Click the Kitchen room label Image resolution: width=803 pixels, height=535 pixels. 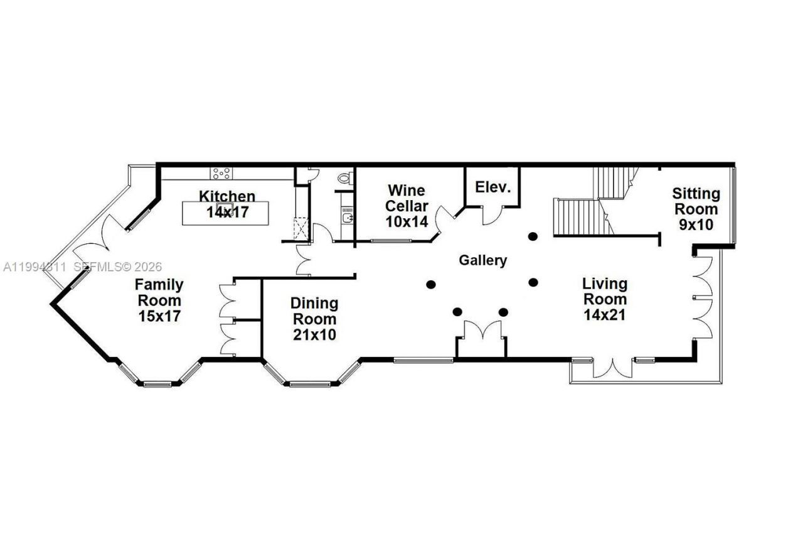click(x=227, y=196)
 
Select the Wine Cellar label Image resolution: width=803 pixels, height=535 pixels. click(x=407, y=198)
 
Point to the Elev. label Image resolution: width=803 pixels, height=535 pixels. click(x=493, y=187)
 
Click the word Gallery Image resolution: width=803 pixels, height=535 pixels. click(x=482, y=260)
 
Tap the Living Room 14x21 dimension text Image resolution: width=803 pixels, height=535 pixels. click(x=604, y=315)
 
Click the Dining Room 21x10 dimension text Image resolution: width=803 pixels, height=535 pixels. click(x=314, y=335)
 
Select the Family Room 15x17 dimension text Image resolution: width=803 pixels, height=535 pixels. click(x=159, y=315)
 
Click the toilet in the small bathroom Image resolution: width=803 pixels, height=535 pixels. click(x=344, y=178)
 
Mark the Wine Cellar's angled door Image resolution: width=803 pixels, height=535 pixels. click(x=447, y=220)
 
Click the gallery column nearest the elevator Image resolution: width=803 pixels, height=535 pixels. click(x=533, y=236)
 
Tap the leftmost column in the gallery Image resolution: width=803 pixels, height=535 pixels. click(x=431, y=284)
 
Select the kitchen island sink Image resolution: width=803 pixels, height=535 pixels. click(x=225, y=209)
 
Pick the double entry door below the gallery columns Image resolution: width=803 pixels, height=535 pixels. click(x=481, y=332)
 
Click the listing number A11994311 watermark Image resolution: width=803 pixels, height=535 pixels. click(x=34, y=267)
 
